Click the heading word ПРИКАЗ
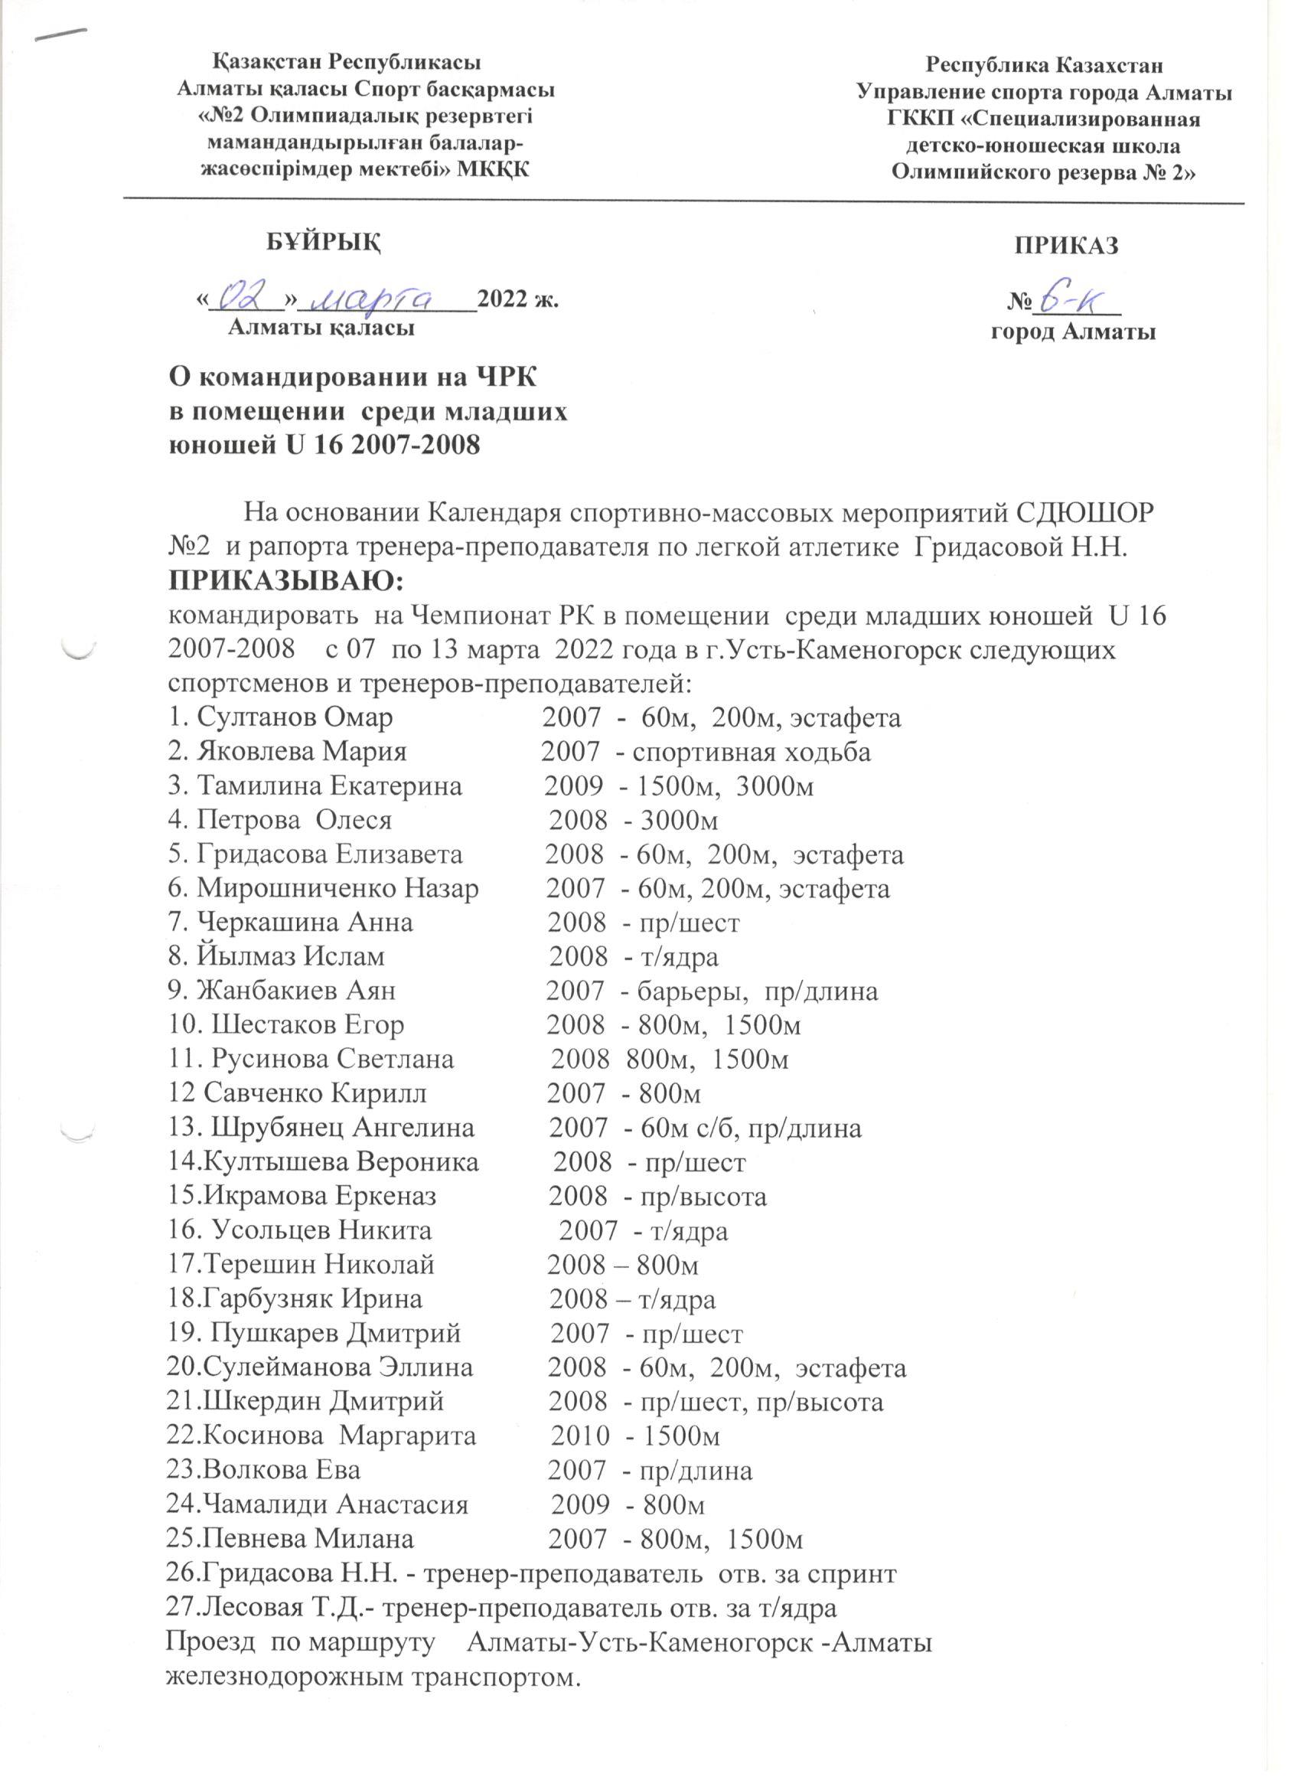tap(1066, 247)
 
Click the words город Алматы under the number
tap(1073, 332)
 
